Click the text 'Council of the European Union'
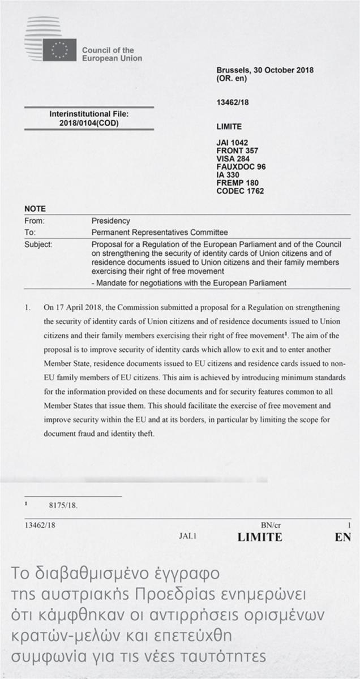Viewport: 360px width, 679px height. (112, 54)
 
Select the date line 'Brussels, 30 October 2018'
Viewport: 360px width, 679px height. (265, 70)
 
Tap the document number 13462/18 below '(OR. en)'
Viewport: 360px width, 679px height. (233, 102)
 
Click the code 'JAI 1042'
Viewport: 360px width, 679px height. (233, 143)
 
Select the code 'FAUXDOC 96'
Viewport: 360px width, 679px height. (241, 167)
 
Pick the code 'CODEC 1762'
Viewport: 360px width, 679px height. (240, 191)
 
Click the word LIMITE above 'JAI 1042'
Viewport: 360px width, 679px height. (229, 127)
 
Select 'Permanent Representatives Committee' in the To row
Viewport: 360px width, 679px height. (160, 233)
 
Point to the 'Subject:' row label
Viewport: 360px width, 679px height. (38, 244)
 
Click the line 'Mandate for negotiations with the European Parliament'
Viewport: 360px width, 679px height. (191, 282)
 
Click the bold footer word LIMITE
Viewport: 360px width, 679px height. (260, 537)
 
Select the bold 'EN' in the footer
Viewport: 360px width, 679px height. (343, 537)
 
